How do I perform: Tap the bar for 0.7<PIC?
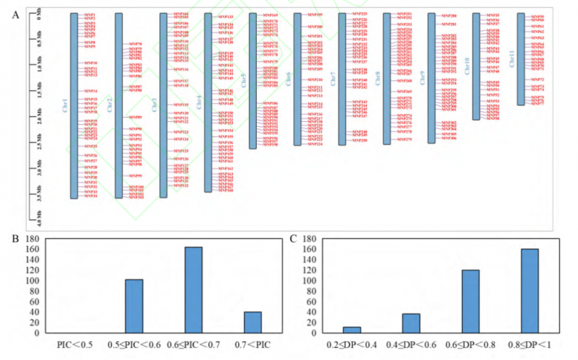(253, 322)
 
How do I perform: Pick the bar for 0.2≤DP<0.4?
(351, 330)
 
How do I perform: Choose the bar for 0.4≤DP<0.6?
(410, 323)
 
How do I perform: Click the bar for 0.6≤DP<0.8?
(469, 302)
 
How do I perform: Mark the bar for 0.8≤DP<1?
(529, 291)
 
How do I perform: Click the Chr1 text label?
(64, 105)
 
